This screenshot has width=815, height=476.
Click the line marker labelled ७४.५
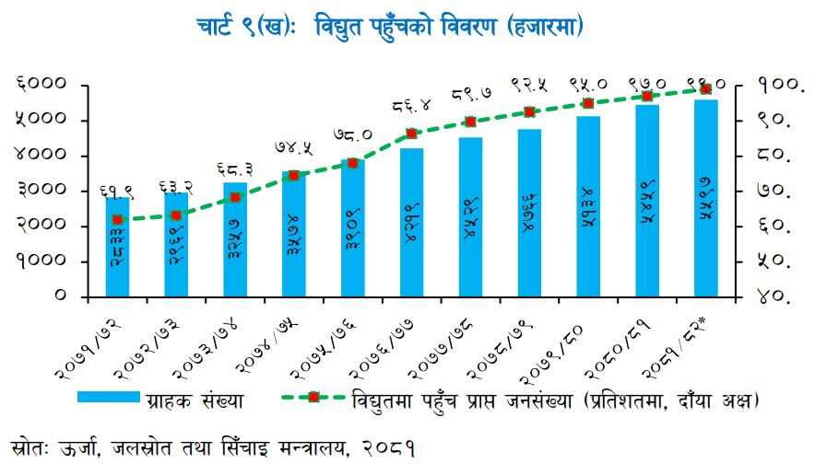[293, 175]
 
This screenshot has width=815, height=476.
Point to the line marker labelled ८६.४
[411, 134]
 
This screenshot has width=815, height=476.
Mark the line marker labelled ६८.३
[235, 197]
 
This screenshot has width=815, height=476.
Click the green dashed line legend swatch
[313, 399]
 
